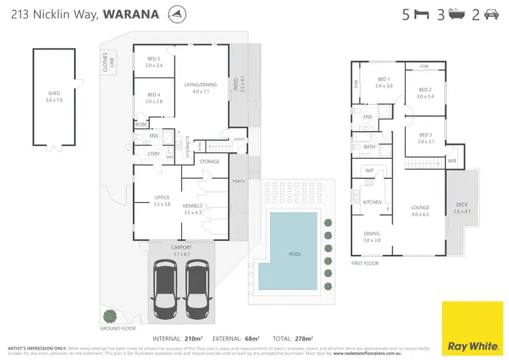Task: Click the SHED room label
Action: click(x=54, y=94)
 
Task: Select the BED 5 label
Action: click(x=155, y=58)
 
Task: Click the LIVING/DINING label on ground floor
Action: click(x=200, y=84)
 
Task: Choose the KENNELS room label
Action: click(x=193, y=205)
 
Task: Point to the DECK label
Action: click(x=461, y=204)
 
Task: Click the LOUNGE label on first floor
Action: click(x=420, y=208)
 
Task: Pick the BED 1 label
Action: click(x=383, y=79)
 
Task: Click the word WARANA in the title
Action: click(x=132, y=14)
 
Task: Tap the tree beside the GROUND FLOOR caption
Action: click(x=109, y=315)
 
